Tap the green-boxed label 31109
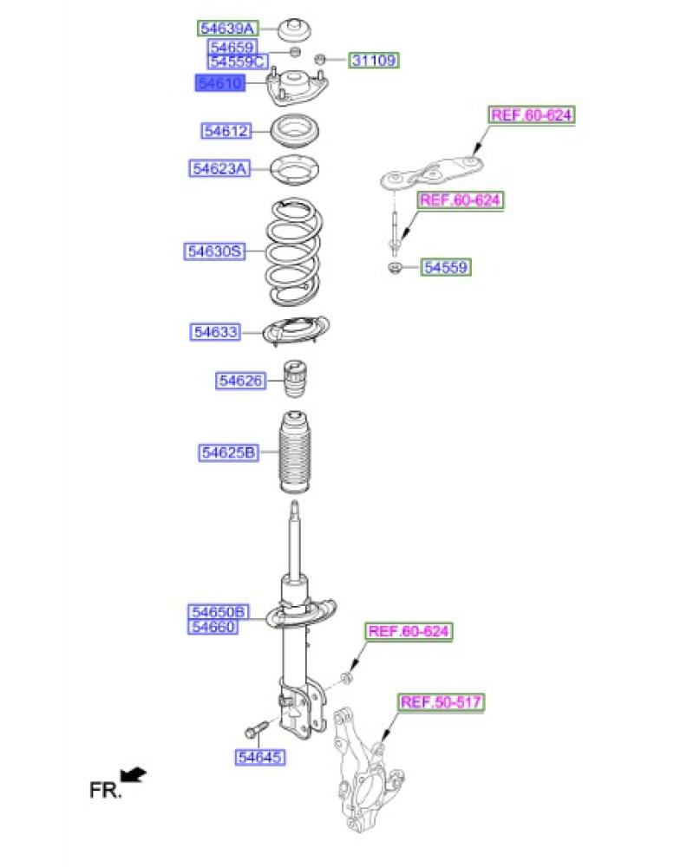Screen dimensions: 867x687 (374, 61)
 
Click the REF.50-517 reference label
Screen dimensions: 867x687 (442, 702)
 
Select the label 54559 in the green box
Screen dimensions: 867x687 (446, 268)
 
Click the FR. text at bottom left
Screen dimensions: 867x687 (106, 790)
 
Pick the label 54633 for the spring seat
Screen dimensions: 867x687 (216, 332)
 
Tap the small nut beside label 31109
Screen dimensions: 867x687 (320, 59)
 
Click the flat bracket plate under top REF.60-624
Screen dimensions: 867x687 (434, 172)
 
